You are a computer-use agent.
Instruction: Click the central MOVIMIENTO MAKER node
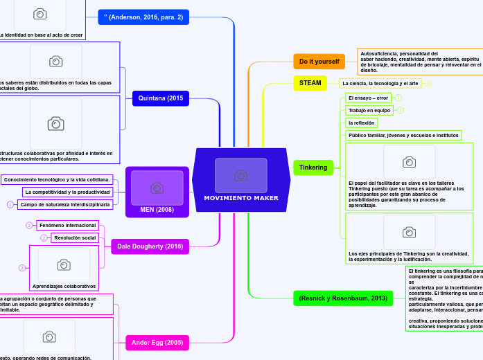click(241, 198)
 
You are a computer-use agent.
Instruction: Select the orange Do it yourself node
click(319, 62)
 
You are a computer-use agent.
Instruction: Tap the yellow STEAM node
click(310, 83)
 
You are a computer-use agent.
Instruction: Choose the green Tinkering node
click(313, 167)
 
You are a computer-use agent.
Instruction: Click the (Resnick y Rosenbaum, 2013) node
click(342, 298)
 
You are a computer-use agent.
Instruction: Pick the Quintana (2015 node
click(161, 98)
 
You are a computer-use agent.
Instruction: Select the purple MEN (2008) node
click(157, 209)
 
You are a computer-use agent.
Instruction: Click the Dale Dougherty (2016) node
click(150, 246)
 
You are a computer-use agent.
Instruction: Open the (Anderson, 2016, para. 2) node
click(143, 17)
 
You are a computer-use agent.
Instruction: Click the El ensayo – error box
click(368, 98)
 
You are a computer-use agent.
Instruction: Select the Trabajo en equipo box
click(369, 110)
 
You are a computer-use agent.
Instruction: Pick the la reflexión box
click(362, 123)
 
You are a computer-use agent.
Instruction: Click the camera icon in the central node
click(240, 176)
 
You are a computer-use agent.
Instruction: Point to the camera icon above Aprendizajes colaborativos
click(64, 264)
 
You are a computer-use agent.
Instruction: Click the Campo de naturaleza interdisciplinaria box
click(64, 204)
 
